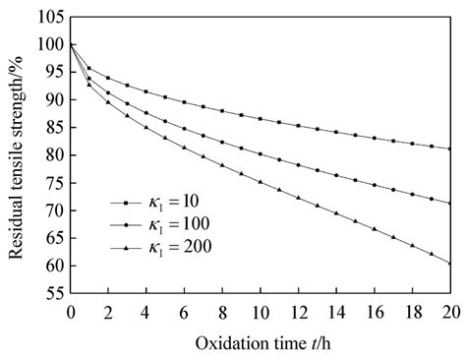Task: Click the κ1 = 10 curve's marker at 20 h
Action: click(x=449, y=149)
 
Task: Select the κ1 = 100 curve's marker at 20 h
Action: click(x=449, y=203)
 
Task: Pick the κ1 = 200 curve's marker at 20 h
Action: click(x=449, y=263)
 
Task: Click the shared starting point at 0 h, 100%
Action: click(x=71, y=44)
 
